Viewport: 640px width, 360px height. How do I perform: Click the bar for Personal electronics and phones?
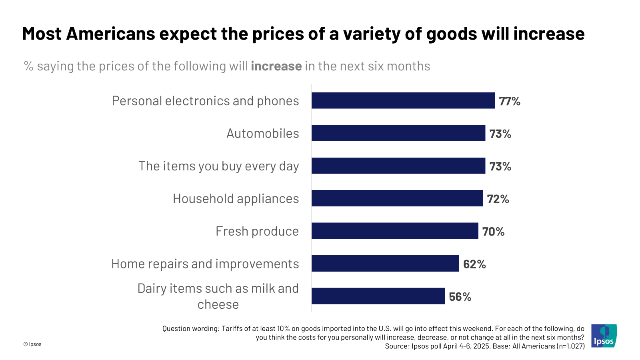coord(403,100)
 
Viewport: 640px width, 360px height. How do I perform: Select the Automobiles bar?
coord(398,133)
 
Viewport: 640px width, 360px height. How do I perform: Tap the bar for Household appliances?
coord(397,198)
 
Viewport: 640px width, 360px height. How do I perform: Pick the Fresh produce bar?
coord(395,231)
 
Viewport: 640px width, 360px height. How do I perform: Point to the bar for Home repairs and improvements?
coord(385,264)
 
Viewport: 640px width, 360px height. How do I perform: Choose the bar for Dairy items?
coord(378,296)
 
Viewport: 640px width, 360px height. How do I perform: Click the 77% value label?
coord(509,101)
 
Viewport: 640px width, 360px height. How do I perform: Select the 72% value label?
coord(498,199)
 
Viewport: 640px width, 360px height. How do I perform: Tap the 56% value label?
coord(460,297)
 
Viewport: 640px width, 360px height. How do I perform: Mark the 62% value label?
coord(474,264)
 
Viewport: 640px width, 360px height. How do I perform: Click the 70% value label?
coord(493,232)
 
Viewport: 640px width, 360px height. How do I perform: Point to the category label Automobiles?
coord(262,133)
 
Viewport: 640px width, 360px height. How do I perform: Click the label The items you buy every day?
coord(218,166)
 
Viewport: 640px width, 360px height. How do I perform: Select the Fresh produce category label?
coord(257,231)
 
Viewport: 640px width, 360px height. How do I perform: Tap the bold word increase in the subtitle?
coord(276,66)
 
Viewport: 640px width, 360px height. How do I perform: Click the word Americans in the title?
coord(110,34)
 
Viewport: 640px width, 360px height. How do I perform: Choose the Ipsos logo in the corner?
coord(604,336)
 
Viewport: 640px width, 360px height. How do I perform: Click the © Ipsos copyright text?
coord(32,344)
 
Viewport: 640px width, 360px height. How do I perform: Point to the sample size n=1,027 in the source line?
coord(571,346)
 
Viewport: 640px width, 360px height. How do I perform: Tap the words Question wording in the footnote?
coord(190,329)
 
